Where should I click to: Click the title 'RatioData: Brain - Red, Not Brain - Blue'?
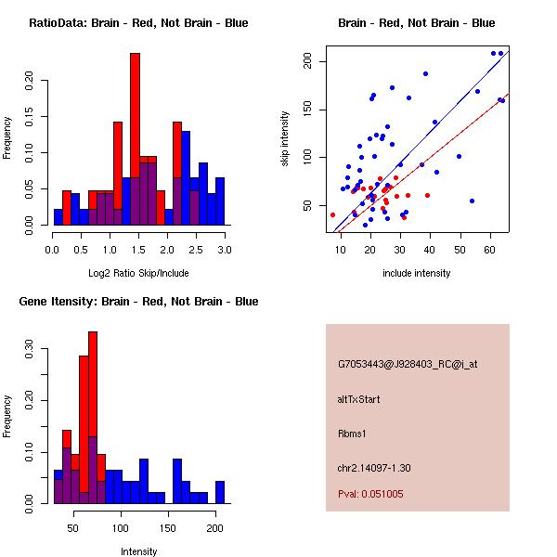(x=138, y=23)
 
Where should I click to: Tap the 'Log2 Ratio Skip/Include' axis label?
(x=138, y=273)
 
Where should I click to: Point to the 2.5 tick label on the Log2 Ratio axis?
(x=196, y=250)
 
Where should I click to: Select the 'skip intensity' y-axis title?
(x=285, y=139)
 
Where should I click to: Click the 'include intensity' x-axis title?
(x=416, y=273)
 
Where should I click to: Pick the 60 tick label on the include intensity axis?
(x=489, y=250)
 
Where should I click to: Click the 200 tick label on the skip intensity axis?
(x=307, y=60)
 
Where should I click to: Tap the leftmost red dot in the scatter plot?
(x=333, y=215)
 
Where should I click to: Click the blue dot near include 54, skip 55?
(x=473, y=201)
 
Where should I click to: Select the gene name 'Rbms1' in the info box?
(x=352, y=434)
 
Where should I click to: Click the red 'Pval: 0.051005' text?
(x=370, y=494)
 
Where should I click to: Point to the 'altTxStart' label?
(x=358, y=399)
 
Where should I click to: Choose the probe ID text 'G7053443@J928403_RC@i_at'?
(x=408, y=365)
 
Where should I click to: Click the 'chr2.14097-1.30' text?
(x=374, y=468)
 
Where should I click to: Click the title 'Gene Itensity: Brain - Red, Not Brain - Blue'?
(x=138, y=302)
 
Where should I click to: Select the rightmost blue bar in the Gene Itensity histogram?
(x=220, y=492)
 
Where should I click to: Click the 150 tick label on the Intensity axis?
(x=168, y=528)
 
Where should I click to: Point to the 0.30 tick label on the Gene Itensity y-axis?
(x=29, y=348)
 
